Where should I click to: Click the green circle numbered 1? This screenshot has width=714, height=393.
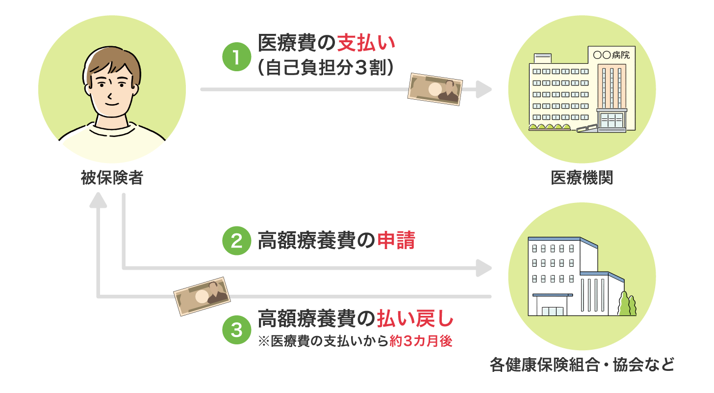[x=236, y=57]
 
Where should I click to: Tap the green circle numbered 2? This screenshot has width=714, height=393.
[x=236, y=241]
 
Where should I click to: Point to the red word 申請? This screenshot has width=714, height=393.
[x=396, y=241]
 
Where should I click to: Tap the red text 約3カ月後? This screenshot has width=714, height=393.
[x=420, y=341]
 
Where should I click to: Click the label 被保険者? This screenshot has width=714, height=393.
[x=112, y=178]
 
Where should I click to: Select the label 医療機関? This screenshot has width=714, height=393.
[x=582, y=178]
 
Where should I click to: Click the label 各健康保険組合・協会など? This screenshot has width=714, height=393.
[x=582, y=365]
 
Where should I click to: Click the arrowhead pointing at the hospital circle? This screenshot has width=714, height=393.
[x=484, y=90]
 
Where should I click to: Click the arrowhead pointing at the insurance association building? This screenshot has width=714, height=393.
[x=484, y=268]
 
